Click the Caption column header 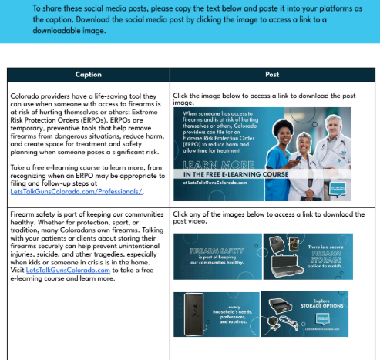pos(88,75)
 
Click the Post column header pos(271,75)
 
